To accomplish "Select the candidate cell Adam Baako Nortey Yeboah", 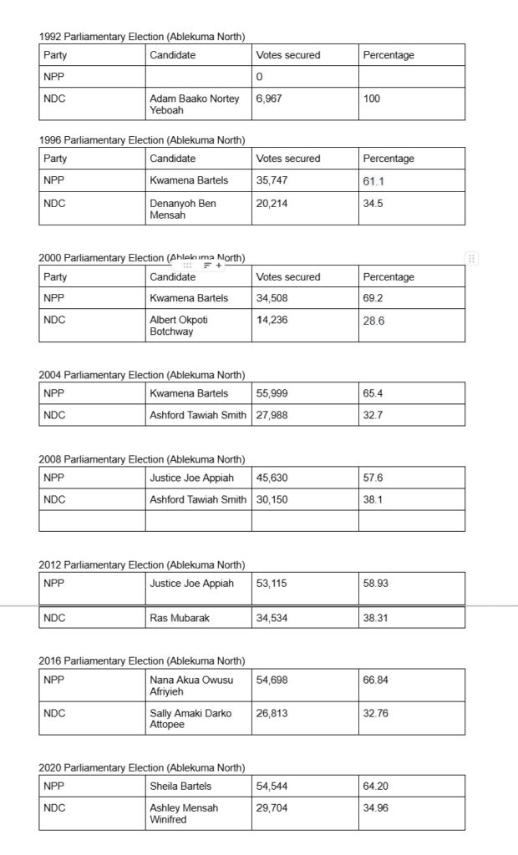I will (x=194, y=104).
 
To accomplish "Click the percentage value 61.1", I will (x=373, y=180).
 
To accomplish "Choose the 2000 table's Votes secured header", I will (x=288, y=277).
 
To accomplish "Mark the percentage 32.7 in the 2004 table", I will (x=373, y=414).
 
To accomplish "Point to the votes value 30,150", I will (x=272, y=499).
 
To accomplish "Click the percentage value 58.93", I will (x=376, y=584).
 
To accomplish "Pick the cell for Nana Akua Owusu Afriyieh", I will (x=191, y=686).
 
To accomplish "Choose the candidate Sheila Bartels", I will (x=180, y=787).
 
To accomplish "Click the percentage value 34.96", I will (x=376, y=808).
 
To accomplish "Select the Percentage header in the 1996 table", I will (x=388, y=159).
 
